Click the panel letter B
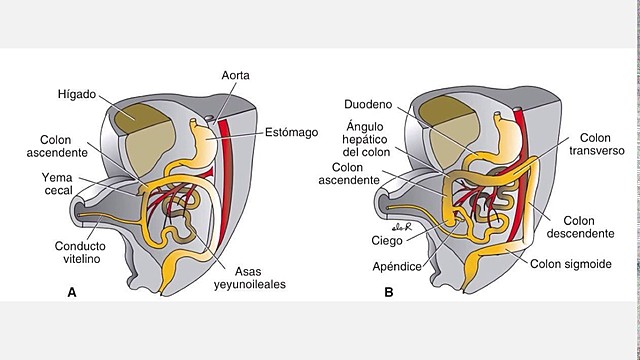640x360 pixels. (x=388, y=292)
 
